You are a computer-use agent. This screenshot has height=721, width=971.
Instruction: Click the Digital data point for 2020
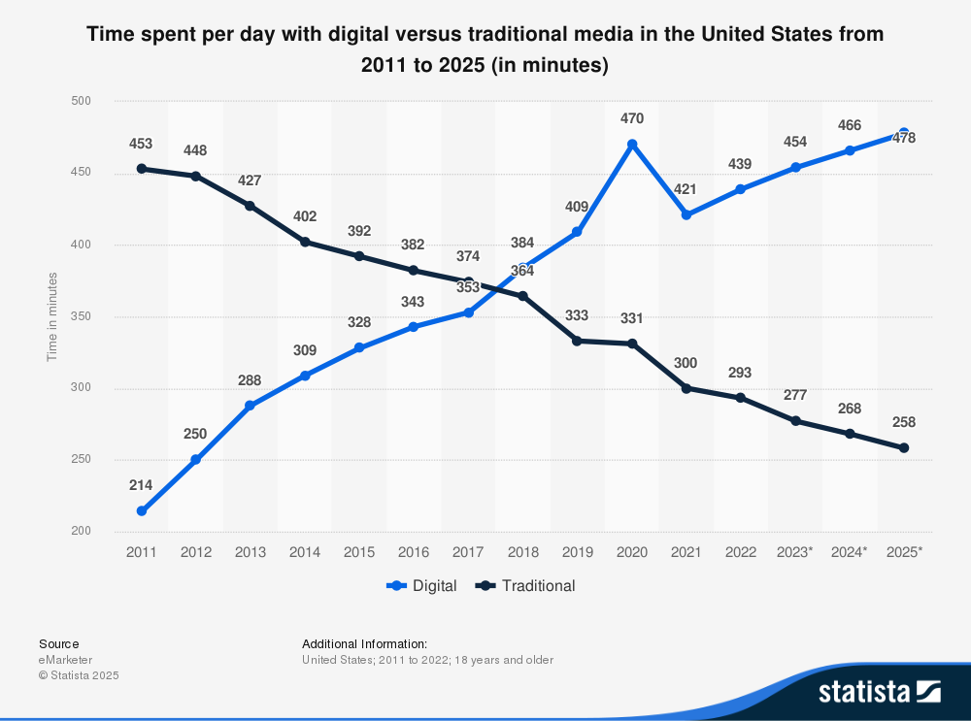(x=632, y=145)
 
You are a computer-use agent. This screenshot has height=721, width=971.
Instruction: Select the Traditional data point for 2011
(x=142, y=169)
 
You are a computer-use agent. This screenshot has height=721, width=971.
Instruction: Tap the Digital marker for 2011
(x=142, y=510)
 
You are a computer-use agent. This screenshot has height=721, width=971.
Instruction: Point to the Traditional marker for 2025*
(x=904, y=447)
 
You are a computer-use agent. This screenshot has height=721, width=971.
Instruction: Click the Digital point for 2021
(x=686, y=214)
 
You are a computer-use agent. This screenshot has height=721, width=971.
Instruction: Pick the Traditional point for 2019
(x=577, y=341)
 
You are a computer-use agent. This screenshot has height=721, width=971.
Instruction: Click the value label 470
(x=632, y=118)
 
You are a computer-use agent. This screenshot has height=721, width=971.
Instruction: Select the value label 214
(x=142, y=484)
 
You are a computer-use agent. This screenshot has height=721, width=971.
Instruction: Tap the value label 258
(x=904, y=422)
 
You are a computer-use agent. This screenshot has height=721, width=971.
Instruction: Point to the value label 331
(x=632, y=318)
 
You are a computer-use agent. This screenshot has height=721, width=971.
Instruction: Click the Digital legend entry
(x=422, y=585)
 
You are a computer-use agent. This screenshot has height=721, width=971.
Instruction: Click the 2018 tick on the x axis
(x=522, y=551)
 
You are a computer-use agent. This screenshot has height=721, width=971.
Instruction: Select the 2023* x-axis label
(x=794, y=551)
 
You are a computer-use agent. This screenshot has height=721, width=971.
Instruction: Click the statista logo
(x=880, y=691)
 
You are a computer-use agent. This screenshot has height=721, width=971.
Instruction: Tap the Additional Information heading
(x=364, y=643)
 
